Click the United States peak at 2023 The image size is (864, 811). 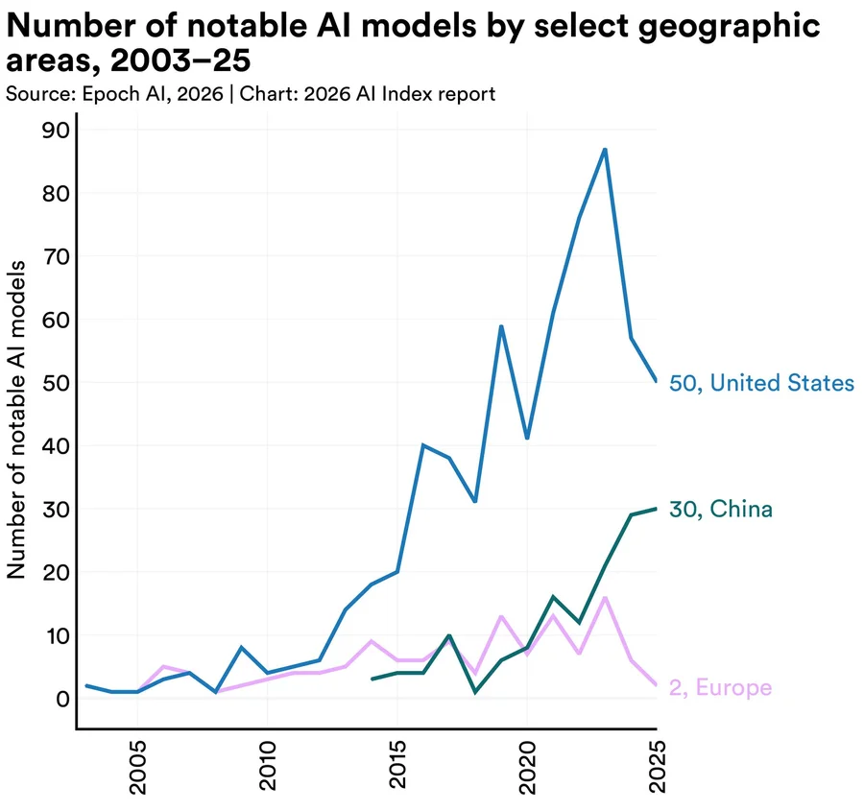tap(605, 150)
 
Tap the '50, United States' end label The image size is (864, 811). tap(761, 384)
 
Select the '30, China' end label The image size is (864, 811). tap(721, 510)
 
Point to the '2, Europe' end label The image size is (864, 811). tap(720, 687)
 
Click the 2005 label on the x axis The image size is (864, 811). tap(138, 768)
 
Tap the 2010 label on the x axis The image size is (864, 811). tap(268, 768)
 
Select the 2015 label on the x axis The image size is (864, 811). tap(397, 768)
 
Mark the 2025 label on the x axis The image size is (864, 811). tap(657, 768)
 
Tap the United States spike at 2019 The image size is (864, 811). tap(501, 326)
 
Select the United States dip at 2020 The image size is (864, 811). tap(527, 439)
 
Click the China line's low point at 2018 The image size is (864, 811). tap(475, 692)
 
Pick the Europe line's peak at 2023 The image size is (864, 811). tap(605, 597)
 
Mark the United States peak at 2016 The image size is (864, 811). tap(423, 445)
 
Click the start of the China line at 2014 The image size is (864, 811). tap(372, 679)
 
